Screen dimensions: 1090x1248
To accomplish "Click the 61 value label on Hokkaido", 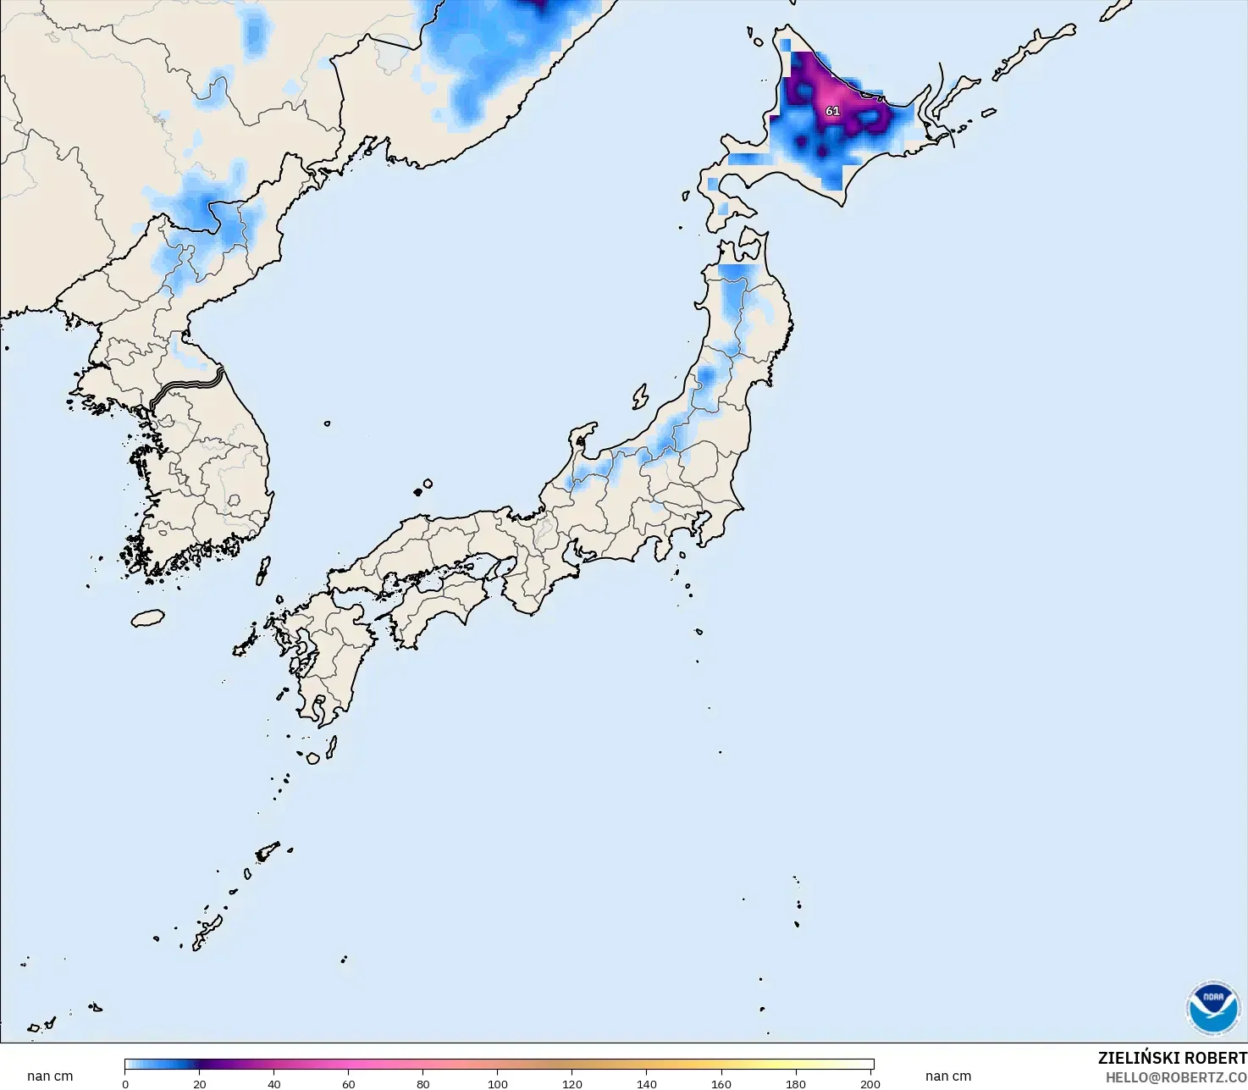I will tap(832, 111).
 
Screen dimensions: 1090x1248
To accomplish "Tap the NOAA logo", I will tap(1212, 1008).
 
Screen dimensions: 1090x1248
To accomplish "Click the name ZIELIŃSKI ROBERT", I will tap(1172, 1058).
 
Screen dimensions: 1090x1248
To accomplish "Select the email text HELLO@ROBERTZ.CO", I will tap(1176, 1077).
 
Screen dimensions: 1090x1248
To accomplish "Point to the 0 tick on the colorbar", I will tap(125, 1083).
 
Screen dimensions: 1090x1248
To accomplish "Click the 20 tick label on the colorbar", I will tap(200, 1083).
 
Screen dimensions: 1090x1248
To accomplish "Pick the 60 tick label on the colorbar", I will tap(349, 1083).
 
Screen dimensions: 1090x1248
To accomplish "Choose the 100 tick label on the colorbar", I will tap(498, 1083).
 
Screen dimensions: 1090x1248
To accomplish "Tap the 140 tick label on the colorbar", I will tap(647, 1083).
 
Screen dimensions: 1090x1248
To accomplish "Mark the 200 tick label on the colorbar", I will tap(870, 1083).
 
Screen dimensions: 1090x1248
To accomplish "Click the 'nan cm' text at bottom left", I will tap(50, 1076).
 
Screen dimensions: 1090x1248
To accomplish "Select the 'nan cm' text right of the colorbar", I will tap(948, 1076).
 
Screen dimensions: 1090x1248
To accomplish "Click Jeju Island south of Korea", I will tap(148, 618).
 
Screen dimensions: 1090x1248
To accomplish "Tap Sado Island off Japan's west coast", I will tap(640, 396).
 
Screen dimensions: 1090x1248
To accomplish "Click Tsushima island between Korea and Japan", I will tap(263, 570).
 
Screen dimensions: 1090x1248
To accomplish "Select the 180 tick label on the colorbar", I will tap(796, 1083).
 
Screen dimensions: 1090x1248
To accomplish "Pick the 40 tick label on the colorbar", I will tap(274, 1083).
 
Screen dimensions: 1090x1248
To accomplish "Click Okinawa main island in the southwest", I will tap(206, 932).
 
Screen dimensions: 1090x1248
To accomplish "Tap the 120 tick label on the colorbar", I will tap(572, 1083).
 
